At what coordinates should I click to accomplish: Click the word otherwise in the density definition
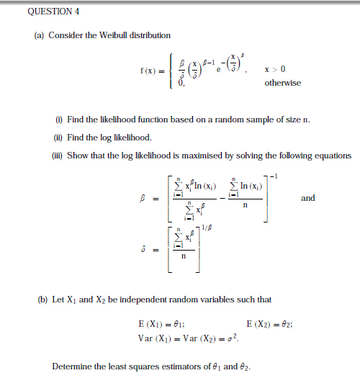(x=283, y=83)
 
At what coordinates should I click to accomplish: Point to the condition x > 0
(x=275, y=69)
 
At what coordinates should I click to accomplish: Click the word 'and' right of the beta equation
(x=307, y=197)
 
